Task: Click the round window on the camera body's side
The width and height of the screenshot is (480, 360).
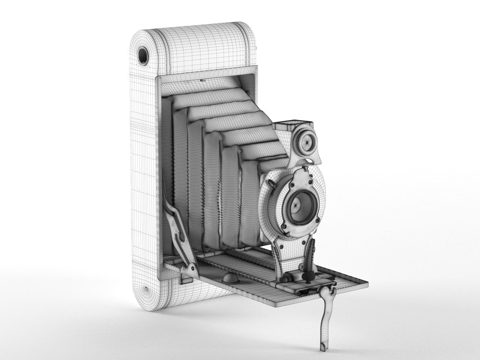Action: pyautogui.click(x=143, y=55)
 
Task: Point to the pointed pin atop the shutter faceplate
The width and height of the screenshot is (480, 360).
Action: pyautogui.click(x=306, y=169)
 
